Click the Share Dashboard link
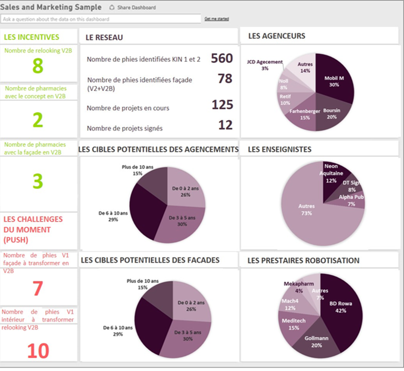tap(136, 8)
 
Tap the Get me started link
tap(217, 19)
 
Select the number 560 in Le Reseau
tap(221, 59)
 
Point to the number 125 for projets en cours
tap(222, 104)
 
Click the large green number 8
tap(37, 66)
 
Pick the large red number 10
tap(38, 351)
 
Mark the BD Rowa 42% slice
tap(340, 307)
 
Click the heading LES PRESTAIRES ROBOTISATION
tap(303, 261)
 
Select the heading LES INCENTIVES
tap(32, 37)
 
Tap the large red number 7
tap(38, 289)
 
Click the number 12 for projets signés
tap(225, 125)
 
